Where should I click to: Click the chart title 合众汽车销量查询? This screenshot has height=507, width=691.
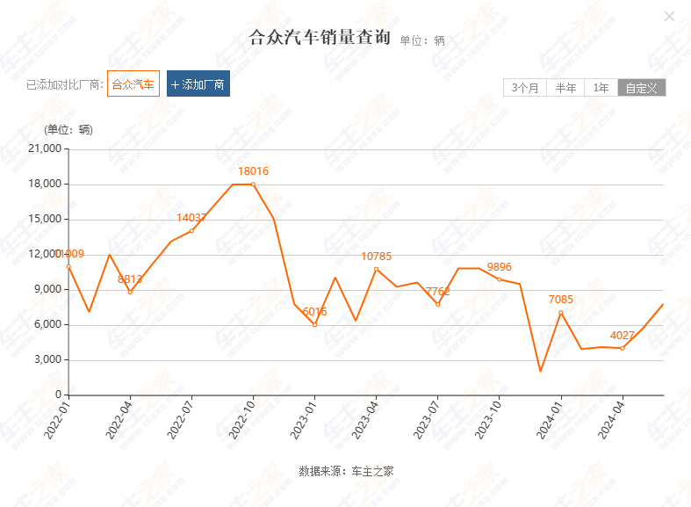coord(320,38)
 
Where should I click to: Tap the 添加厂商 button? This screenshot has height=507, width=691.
coord(198,84)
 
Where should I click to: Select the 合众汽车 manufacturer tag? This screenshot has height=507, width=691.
coord(133,84)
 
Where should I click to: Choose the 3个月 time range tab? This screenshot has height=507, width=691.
coord(524,88)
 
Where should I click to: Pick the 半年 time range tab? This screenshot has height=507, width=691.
coord(565,88)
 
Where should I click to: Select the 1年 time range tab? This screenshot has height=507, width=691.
coord(601,88)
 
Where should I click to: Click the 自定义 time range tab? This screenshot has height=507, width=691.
coord(641,88)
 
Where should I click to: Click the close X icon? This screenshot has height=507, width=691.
coord(669,16)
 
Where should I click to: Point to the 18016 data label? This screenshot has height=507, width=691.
coord(254,171)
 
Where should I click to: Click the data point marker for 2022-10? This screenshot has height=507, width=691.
coord(253,185)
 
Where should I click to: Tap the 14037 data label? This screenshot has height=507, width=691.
coord(191,218)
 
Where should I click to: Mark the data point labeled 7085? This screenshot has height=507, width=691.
coord(561,313)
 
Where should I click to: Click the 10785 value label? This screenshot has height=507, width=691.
coord(376,257)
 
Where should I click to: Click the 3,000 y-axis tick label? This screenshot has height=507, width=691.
coord(46,360)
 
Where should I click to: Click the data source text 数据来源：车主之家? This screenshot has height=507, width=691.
coord(346,471)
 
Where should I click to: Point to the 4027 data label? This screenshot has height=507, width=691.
coord(623,336)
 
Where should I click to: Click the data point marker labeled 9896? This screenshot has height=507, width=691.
coord(500,279)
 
